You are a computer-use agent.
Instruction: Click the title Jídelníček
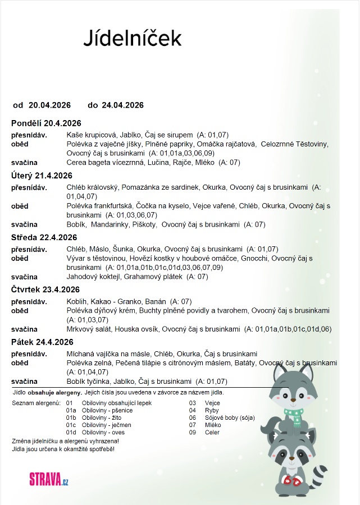pyautogui.click(x=133, y=38)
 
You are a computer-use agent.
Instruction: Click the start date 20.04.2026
pyautogui.click(x=49, y=105)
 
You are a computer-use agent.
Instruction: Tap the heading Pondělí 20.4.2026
pyautogui.click(x=47, y=123)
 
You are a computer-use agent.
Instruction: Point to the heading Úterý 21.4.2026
pyautogui.click(x=42, y=176)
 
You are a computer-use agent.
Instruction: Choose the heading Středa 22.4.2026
pyautogui.click(x=44, y=237)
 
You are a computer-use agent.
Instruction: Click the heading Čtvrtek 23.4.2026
pyautogui.click(x=46, y=290)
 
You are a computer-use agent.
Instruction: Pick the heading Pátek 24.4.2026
pyautogui.click(x=42, y=342)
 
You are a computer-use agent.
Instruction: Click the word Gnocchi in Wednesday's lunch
pyautogui.click(x=256, y=258)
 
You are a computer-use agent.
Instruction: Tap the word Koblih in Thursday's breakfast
pyautogui.click(x=77, y=301)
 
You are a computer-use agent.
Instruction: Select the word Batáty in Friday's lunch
pyautogui.click(x=243, y=363)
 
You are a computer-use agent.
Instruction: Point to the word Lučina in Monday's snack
pyautogui.click(x=160, y=163)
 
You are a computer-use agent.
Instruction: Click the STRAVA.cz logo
pyautogui.click(x=49, y=479)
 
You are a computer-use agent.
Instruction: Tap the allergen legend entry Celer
pyautogui.click(x=212, y=433)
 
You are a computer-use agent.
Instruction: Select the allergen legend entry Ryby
pyautogui.click(x=212, y=410)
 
